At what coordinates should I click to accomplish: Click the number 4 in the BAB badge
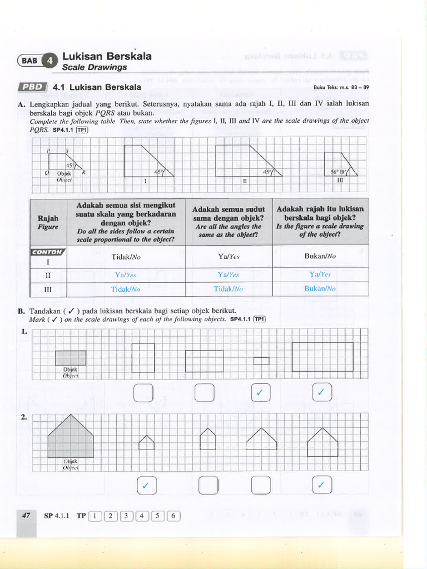[x=49, y=61]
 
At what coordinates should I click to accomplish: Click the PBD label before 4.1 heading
[x=34, y=88]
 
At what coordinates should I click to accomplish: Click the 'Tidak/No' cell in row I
[x=125, y=257]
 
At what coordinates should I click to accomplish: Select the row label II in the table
[x=48, y=274]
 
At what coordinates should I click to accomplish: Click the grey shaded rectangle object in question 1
[x=71, y=357]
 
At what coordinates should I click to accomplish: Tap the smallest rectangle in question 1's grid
[x=261, y=361]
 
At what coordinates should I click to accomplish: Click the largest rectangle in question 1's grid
[x=322, y=356]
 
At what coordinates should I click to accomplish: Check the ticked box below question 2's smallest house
[x=146, y=485]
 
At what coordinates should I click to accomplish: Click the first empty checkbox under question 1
[x=143, y=393]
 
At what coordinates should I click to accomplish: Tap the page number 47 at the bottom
[x=26, y=516]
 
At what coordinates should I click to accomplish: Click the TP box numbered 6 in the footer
[x=173, y=516]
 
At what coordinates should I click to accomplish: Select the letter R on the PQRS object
[x=84, y=172]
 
